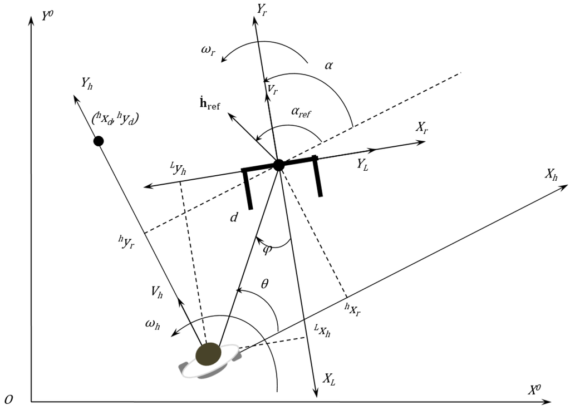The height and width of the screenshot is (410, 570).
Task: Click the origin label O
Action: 8,399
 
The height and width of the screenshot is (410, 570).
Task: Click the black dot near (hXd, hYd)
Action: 99,141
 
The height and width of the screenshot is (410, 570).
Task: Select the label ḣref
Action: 208,105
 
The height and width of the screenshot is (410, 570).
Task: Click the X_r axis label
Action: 422,126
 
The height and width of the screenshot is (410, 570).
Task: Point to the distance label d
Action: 234,217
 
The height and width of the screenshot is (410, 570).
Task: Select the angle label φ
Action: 267,249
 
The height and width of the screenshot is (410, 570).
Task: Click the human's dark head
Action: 209,354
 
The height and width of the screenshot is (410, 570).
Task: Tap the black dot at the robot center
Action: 279,165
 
